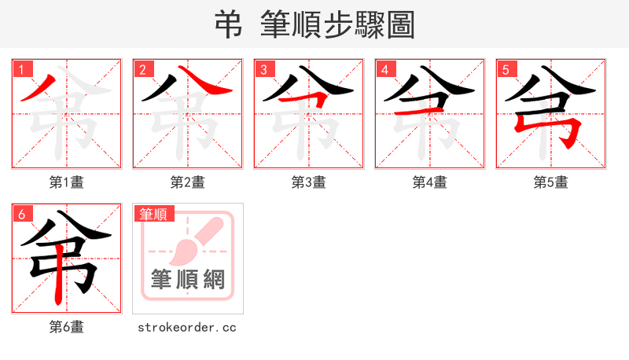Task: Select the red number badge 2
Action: click(143, 69)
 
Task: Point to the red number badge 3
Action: click(264, 69)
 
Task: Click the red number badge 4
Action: click(385, 69)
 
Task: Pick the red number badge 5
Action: click(506, 69)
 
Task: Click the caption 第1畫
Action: click(66, 182)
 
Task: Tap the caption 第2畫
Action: click(187, 182)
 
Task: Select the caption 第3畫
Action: click(308, 182)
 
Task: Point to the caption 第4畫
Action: click(429, 182)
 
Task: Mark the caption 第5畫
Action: click(550, 182)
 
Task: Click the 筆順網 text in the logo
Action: click(187, 279)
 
